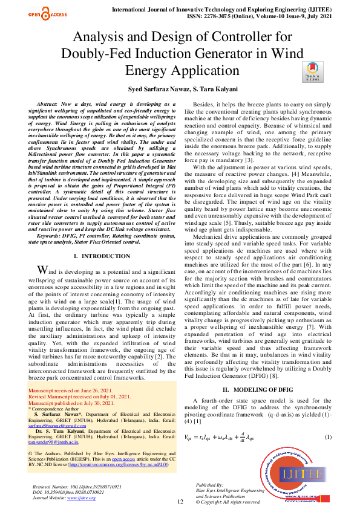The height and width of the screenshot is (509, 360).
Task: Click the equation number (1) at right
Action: tap(329, 420)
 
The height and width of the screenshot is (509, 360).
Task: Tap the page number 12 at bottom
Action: tap(180, 501)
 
